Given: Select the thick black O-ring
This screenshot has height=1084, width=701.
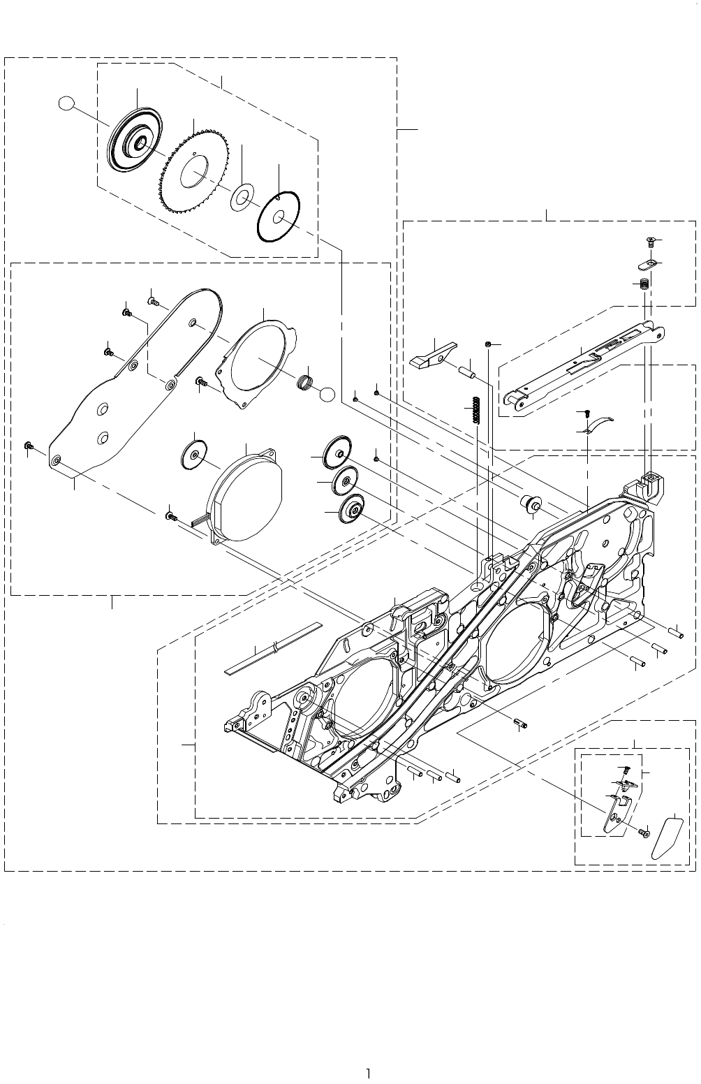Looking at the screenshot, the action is [x=279, y=217].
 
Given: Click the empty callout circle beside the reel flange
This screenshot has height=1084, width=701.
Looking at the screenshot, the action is [x=66, y=104].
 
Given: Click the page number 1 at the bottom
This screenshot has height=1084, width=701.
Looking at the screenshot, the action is [x=369, y=1074].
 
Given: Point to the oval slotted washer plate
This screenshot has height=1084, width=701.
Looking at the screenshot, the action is [x=649, y=264].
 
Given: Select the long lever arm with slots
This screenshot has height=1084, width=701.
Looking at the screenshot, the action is [x=583, y=367].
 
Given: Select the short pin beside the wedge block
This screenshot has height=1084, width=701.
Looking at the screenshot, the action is [x=467, y=374].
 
